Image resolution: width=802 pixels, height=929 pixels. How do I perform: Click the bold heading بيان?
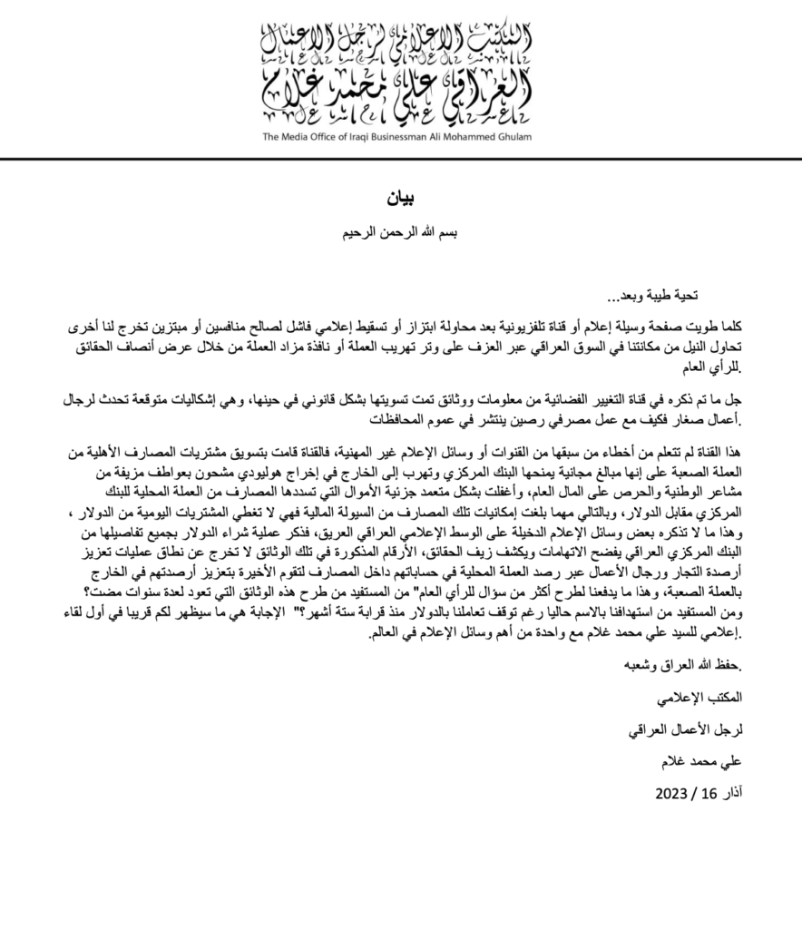coord(401,198)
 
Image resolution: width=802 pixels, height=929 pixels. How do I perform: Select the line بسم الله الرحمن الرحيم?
coord(401,233)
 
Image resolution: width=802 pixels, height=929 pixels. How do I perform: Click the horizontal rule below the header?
coord(401,161)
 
